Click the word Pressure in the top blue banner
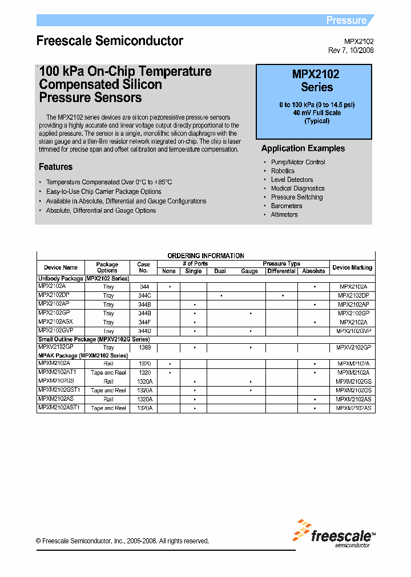coord(346,21)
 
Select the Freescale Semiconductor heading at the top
coord(110,41)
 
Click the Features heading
coord(55,167)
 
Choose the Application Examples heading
coord(303,148)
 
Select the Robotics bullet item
coord(283,171)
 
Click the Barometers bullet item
coord(287,206)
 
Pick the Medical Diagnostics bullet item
coord(297,188)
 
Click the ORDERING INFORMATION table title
coord(205,256)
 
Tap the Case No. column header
coord(144,267)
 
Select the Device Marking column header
coord(352,267)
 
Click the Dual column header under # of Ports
coord(220,271)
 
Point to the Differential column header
coord(281,271)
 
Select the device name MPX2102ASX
coord(55,322)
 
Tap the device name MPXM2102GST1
coord(59,390)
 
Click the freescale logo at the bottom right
coord(334,533)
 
